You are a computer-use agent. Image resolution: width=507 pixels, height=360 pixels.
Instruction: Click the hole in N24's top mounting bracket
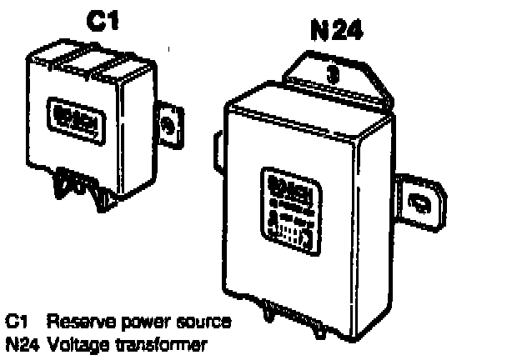(332, 72)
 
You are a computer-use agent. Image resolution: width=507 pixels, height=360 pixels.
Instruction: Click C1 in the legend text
(16, 321)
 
